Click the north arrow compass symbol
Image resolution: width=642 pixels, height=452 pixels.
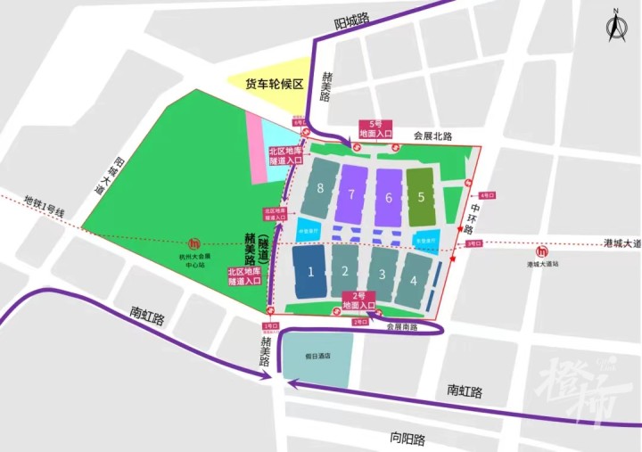615,27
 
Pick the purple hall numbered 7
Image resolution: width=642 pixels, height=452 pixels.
352,193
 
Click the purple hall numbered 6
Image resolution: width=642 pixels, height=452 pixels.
388,195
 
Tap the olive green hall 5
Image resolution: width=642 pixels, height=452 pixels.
420,195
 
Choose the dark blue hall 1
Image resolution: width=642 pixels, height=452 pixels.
309,271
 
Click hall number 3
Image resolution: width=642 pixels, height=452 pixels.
381,275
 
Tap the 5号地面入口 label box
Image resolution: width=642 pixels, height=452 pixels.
374,128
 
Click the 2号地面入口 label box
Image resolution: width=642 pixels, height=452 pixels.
362,300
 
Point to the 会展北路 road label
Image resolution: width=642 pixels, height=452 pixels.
432,136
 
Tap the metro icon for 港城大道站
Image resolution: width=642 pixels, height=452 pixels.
543,251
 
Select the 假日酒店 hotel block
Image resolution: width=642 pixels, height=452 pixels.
317,359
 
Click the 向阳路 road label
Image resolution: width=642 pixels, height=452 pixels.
407,439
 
